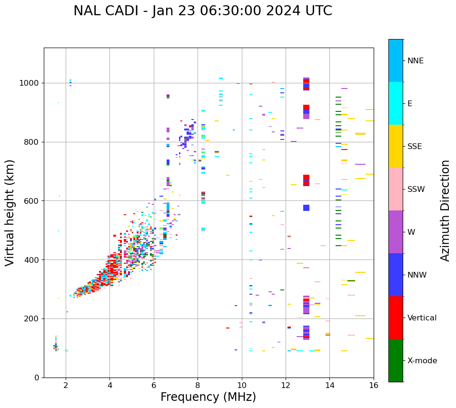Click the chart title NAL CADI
pos(202,11)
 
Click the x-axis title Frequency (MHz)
pos(208,397)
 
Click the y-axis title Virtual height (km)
pos(10,212)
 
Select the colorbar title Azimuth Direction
pos(445,210)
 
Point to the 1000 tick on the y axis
pos(32,83)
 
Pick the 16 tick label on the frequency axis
pos(374,385)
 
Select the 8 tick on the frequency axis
pos(198,385)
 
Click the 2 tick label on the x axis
pos(66,385)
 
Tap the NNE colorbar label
pos(415,61)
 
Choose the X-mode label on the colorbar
pos(422,361)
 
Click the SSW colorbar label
pos(416,189)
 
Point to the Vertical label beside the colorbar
pos(422,318)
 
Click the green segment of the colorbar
pos(396,360)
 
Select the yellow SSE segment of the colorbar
pos(396,146)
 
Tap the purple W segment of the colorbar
pos(396,232)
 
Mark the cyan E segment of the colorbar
pos(396,103)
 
